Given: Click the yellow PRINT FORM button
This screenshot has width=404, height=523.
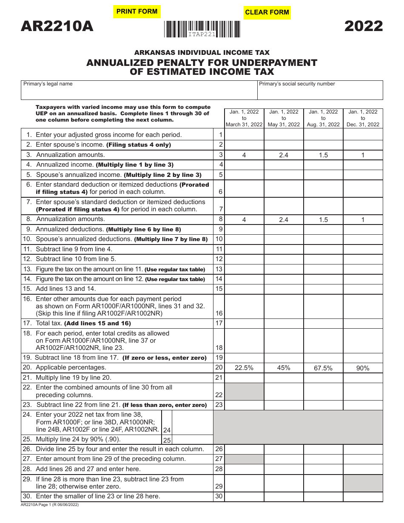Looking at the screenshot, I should (x=137, y=11).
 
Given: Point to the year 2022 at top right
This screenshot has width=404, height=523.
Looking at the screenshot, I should (x=363, y=26).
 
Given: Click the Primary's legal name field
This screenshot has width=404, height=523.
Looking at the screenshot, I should (x=139, y=91).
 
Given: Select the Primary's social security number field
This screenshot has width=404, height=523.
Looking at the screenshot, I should (x=320, y=91).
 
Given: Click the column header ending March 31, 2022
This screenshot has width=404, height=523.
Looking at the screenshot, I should (x=244, y=118).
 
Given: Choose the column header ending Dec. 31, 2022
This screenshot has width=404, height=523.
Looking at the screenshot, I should (x=363, y=118).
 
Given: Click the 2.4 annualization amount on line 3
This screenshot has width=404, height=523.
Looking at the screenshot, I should (x=284, y=155).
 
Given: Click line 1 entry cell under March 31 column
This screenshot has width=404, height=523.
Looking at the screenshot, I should (x=244, y=135).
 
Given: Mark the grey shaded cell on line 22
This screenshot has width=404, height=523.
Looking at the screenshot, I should (x=244, y=391).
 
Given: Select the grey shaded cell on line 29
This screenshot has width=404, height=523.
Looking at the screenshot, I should (x=363, y=483).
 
